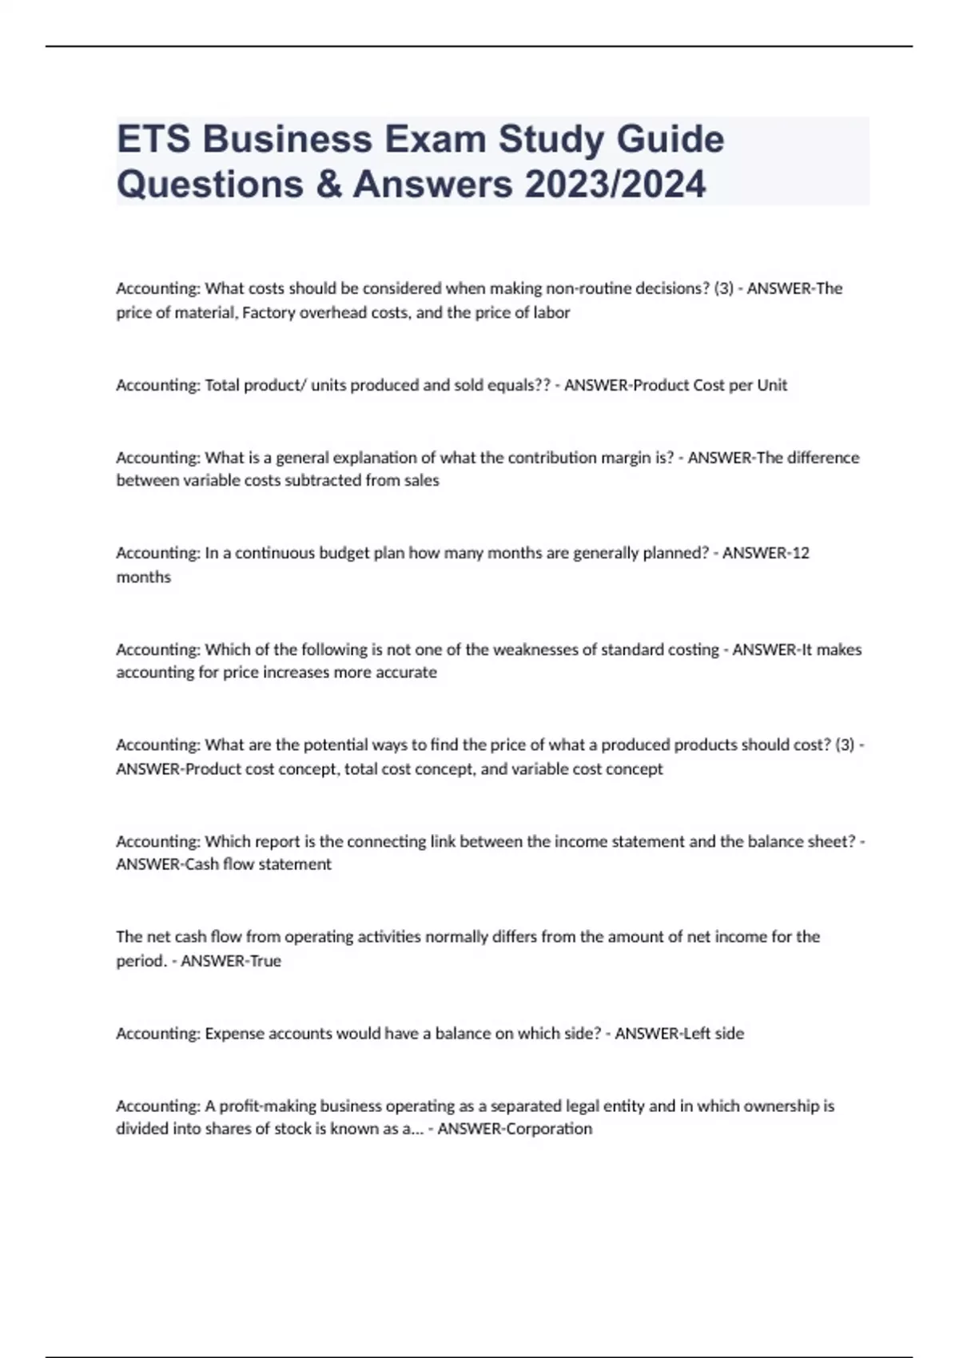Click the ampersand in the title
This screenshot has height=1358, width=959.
click(x=328, y=184)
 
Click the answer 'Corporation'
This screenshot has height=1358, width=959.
click(x=555, y=1129)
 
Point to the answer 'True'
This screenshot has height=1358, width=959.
click(x=266, y=961)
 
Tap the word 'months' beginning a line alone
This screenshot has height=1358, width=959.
click(x=144, y=577)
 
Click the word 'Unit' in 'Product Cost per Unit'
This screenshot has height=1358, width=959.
click(x=772, y=385)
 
